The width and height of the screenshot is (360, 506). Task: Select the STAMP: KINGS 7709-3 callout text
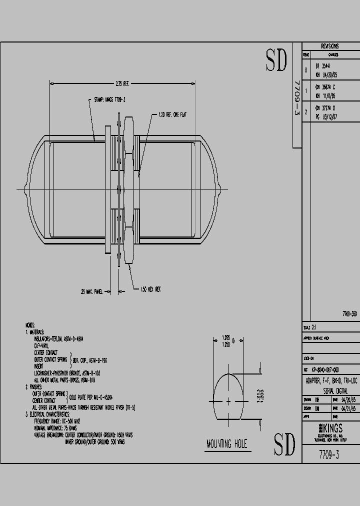[109, 100]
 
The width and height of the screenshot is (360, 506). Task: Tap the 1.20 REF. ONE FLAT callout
[172, 114]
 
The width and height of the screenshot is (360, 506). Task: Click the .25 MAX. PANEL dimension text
[91, 291]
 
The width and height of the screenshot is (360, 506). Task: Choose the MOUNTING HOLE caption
[226, 443]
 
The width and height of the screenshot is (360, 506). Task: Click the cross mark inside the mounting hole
[228, 401]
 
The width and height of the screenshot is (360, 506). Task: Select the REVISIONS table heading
[329, 45]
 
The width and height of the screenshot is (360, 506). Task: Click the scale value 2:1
[313, 326]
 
